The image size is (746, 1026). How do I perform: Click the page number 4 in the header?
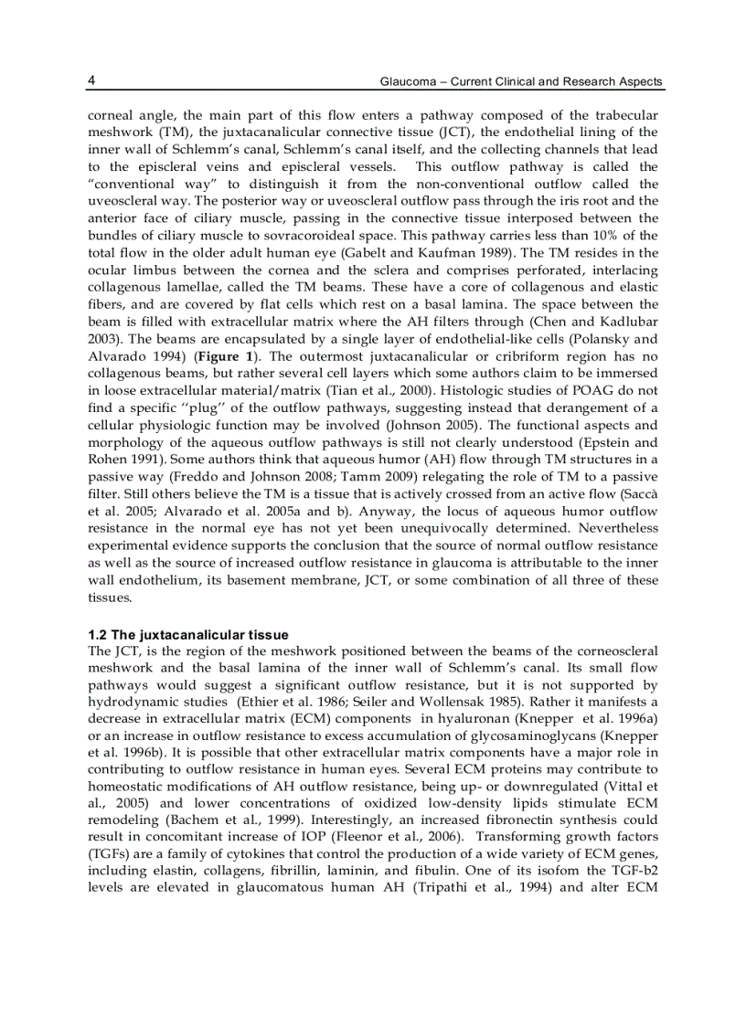click(92, 80)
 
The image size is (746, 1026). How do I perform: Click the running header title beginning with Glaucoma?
click(521, 82)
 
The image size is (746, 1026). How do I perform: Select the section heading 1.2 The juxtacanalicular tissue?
click(187, 634)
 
